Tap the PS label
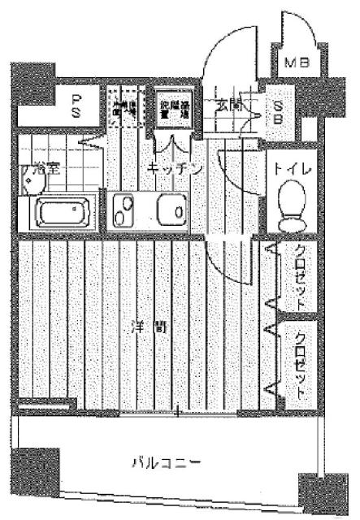(77, 105)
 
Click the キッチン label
(174, 167)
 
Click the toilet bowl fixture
(289, 205)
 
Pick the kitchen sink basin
(171, 209)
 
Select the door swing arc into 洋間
(232, 260)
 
